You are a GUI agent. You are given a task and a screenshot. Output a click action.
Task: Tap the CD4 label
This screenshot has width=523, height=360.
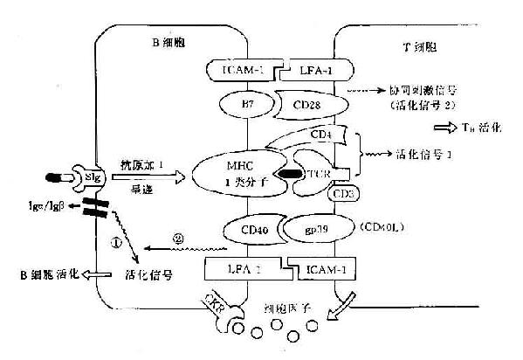[x=320, y=135]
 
